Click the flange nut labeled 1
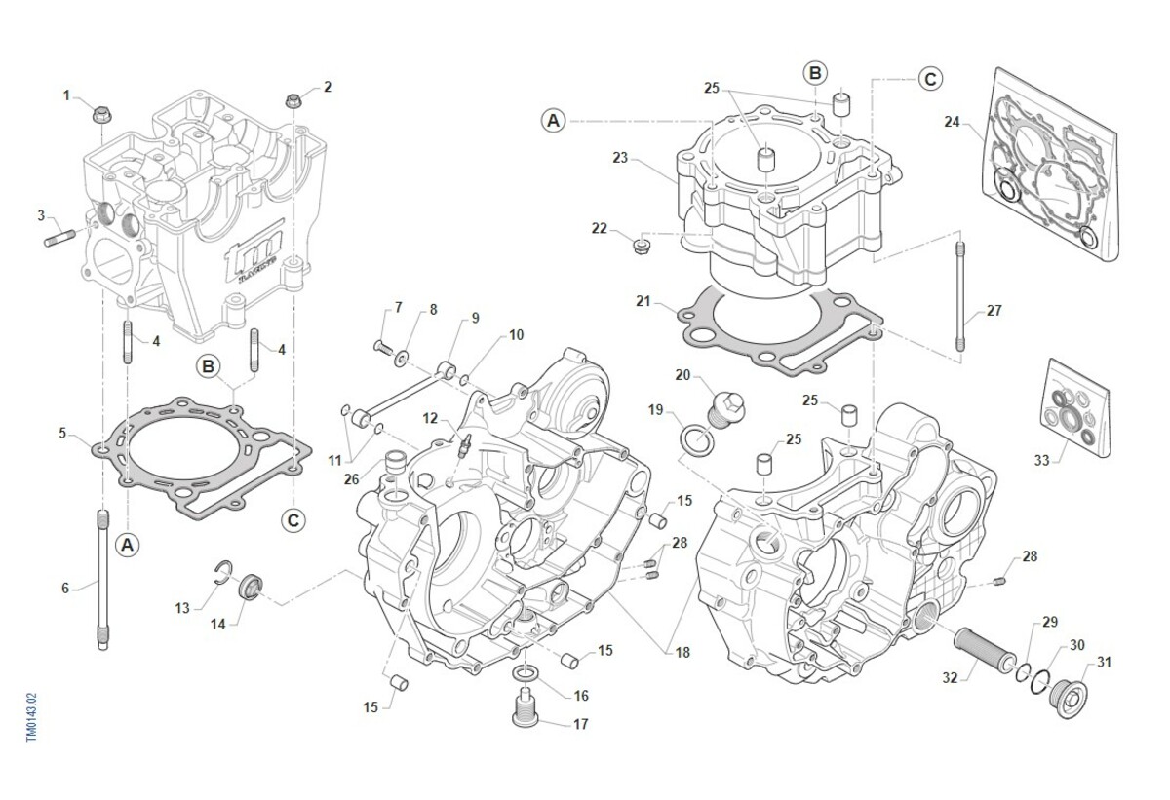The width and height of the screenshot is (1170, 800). coord(100,116)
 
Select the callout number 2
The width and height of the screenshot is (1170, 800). coord(328,87)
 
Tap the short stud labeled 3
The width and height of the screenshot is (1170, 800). coord(58,237)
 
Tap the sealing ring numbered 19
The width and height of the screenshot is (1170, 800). coord(695,438)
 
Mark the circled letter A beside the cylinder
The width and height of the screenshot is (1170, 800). coord(553,121)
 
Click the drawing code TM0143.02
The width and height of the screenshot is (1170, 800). coord(32,717)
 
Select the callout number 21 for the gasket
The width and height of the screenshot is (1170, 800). coord(643,302)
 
